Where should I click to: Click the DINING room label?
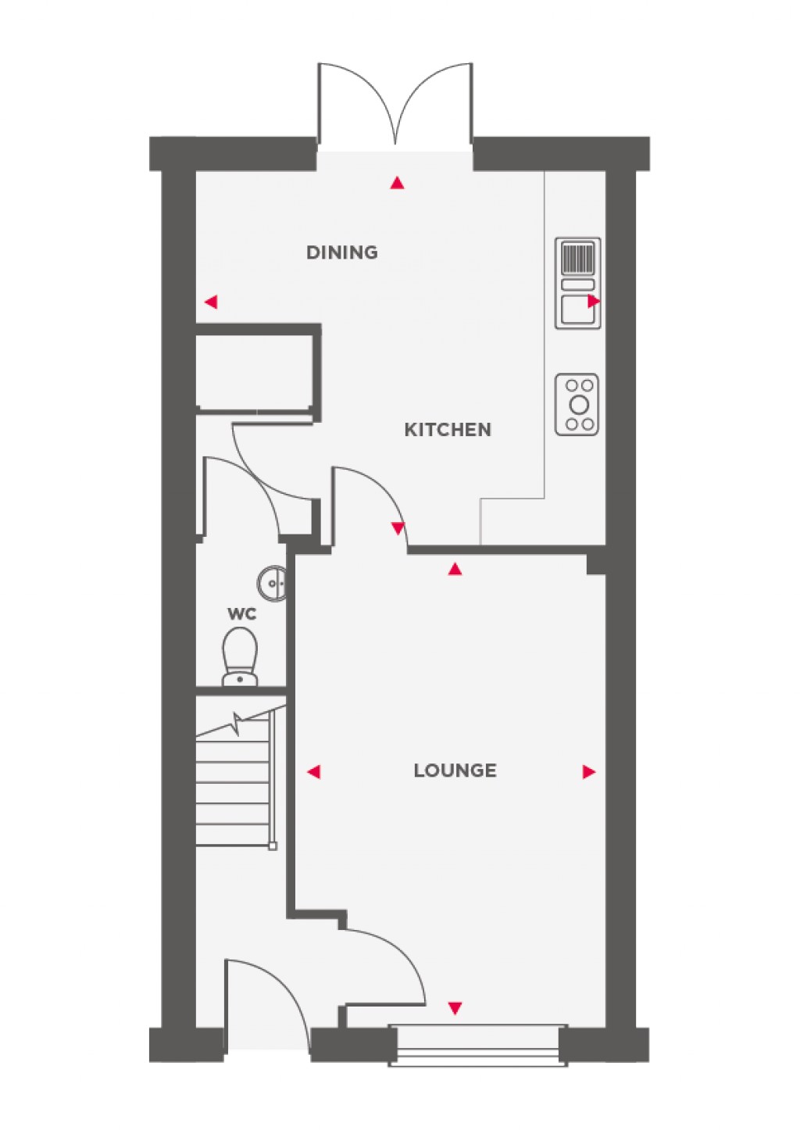click(341, 252)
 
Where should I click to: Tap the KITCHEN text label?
click(447, 430)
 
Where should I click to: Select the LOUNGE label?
click(455, 771)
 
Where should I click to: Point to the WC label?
click(241, 614)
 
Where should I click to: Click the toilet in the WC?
click(240, 656)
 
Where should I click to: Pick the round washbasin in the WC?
click(273, 582)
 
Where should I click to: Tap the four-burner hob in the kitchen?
click(577, 405)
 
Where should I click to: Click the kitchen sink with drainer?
click(578, 283)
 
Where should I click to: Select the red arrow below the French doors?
click(398, 184)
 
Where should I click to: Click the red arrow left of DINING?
click(209, 302)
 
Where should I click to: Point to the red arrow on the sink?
click(595, 301)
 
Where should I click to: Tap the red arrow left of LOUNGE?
click(313, 772)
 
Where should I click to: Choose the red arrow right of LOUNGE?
click(589, 772)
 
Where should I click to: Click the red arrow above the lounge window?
click(455, 1008)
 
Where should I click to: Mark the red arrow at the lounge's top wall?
click(455, 569)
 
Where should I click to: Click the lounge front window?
click(478, 1044)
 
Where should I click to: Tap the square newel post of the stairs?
click(272, 845)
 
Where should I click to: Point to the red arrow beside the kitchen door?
click(398, 529)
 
